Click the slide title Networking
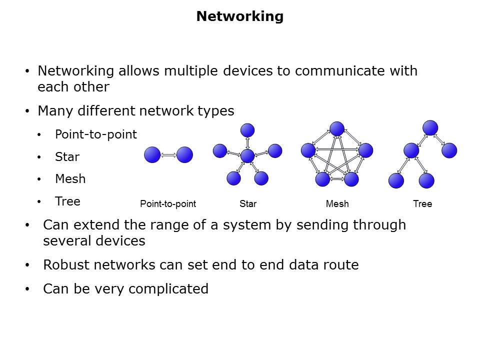tap(239, 16)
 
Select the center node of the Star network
tap(247, 156)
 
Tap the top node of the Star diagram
tap(247, 130)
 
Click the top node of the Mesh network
tap(337, 129)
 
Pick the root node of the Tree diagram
tap(430, 127)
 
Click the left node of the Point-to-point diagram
tap(152, 155)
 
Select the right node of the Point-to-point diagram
tap(184, 155)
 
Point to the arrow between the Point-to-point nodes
tap(168, 155)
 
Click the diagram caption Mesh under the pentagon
tap(337, 204)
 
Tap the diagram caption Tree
tap(422, 204)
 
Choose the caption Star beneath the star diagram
tap(247, 204)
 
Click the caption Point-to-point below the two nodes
tap(168, 204)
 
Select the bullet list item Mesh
tap(70, 179)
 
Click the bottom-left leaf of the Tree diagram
tap(396, 180)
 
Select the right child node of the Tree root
tap(449, 150)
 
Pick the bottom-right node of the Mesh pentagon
tap(351, 179)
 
